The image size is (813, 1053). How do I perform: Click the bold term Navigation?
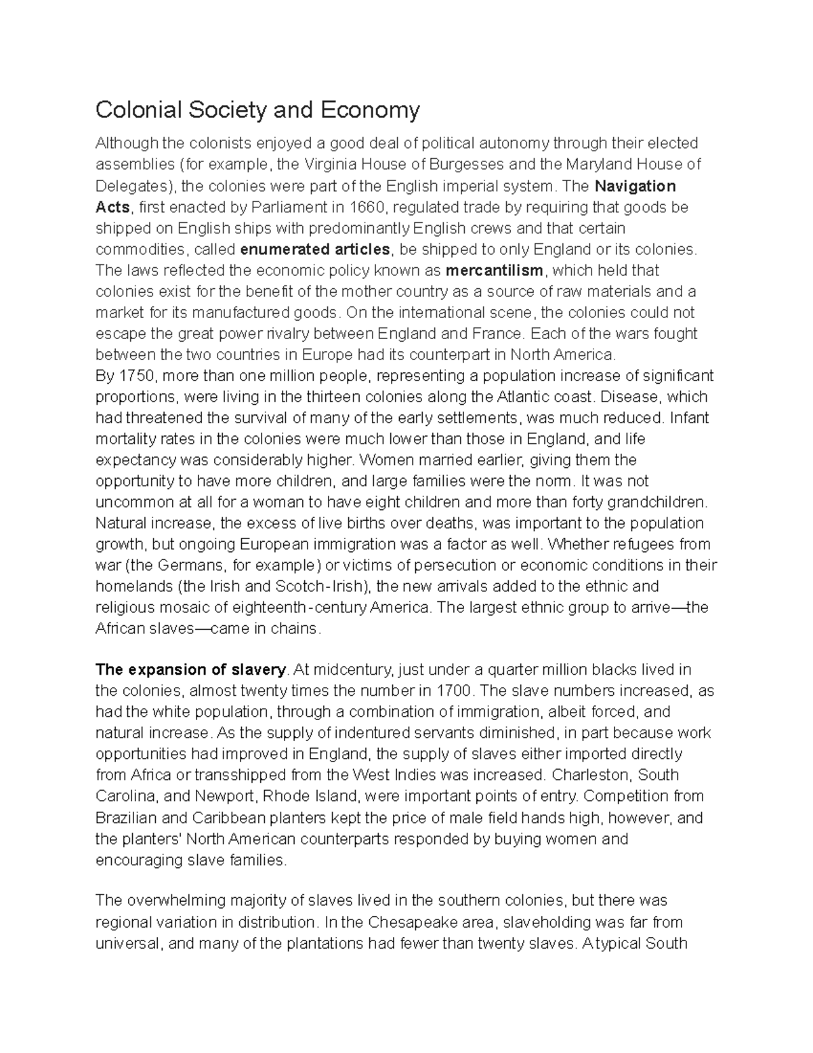[634, 186]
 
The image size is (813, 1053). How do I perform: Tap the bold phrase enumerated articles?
[316, 250]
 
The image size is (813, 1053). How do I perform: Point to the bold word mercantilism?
[495, 271]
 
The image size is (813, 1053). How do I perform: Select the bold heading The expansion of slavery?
[190, 670]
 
